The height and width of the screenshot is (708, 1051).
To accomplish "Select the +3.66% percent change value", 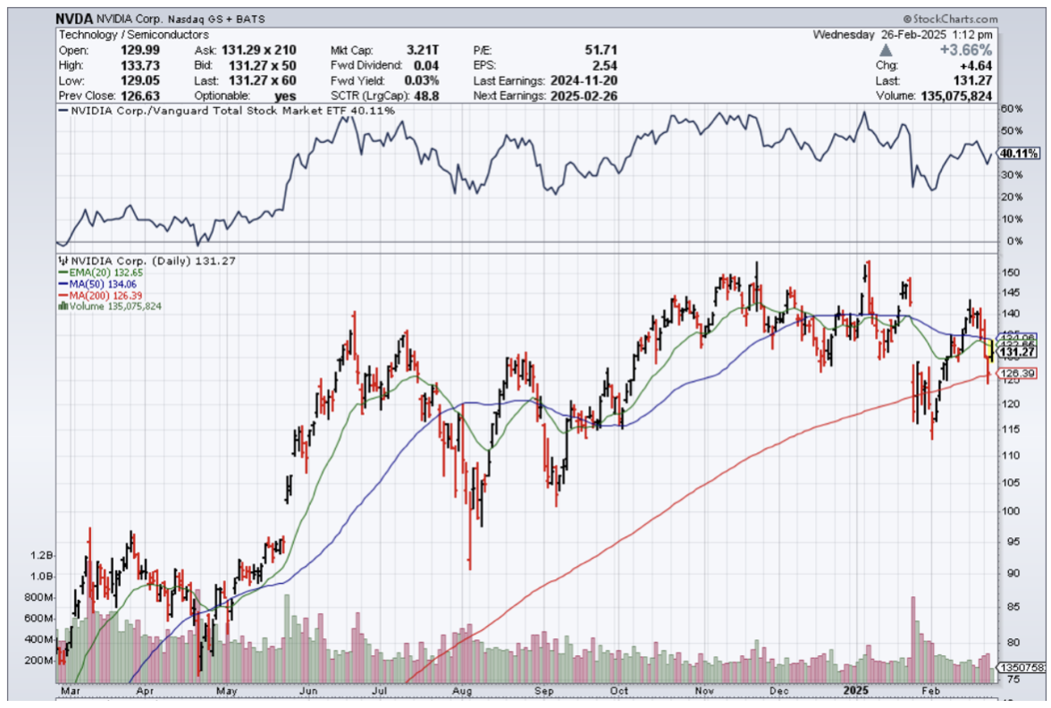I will tap(968, 50).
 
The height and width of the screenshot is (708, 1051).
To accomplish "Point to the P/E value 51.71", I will tap(599, 50).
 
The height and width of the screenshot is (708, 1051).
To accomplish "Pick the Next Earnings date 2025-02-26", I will tap(585, 95).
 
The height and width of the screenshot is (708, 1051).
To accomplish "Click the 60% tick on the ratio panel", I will tap(1011, 109).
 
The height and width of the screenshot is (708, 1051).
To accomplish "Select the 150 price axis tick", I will tap(1011, 273).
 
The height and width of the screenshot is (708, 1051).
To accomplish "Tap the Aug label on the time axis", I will tap(462, 690).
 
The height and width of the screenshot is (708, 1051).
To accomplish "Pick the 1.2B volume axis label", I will tap(42, 555).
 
